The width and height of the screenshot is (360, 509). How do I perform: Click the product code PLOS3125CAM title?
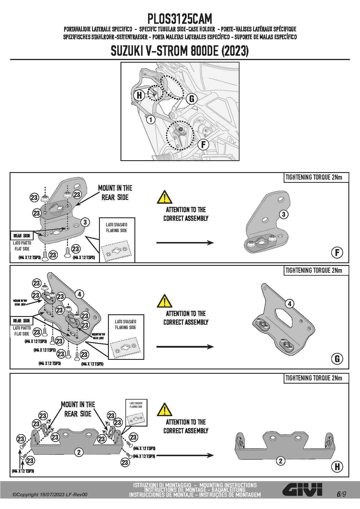pyautogui.click(x=180, y=19)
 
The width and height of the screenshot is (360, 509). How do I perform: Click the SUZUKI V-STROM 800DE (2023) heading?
pyautogui.click(x=180, y=51)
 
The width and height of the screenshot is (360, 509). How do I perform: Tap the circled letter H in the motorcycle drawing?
pyautogui.click(x=139, y=95)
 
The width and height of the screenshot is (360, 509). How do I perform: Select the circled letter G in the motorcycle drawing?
pyautogui.click(x=192, y=99)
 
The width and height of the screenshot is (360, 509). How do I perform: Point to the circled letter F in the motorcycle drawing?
pyautogui.click(x=203, y=144)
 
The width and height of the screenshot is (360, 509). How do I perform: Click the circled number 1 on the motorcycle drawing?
pyautogui.click(x=150, y=119)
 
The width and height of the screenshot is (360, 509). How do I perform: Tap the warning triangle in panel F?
pyautogui.click(x=164, y=197)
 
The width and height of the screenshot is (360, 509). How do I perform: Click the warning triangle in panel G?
pyautogui.click(x=164, y=301)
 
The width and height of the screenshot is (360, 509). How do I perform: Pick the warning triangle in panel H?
pyautogui.click(x=164, y=409)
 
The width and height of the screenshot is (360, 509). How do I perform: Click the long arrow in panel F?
pyautogui.click(x=185, y=243)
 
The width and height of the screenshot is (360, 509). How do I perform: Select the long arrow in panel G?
pyautogui.click(x=185, y=346)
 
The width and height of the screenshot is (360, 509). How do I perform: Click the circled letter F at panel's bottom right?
pyautogui.click(x=337, y=252)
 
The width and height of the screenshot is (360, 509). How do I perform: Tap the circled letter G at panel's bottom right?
pyautogui.click(x=337, y=359)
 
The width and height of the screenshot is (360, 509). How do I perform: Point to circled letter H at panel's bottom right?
pyautogui.click(x=337, y=467)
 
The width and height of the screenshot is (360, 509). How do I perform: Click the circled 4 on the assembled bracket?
pyautogui.click(x=289, y=304)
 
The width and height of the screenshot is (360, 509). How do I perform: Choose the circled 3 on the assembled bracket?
pyautogui.click(x=284, y=214)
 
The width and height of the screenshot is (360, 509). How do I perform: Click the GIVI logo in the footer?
pyautogui.click(x=302, y=490)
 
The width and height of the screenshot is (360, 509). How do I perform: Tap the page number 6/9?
pyautogui.click(x=341, y=494)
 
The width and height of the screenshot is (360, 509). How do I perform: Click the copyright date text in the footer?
pyautogui.click(x=50, y=494)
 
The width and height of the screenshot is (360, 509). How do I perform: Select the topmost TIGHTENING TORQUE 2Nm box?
pyautogui.click(x=316, y=177)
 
